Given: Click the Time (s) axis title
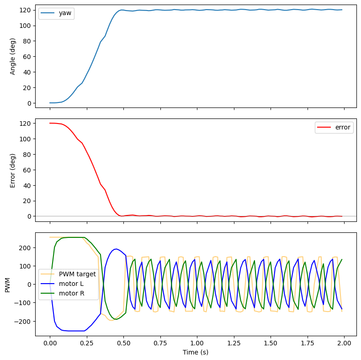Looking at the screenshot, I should tap(196, 353).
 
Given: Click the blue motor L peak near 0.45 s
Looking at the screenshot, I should tap(116, 249).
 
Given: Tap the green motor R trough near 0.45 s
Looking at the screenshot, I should tap(116, 319).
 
